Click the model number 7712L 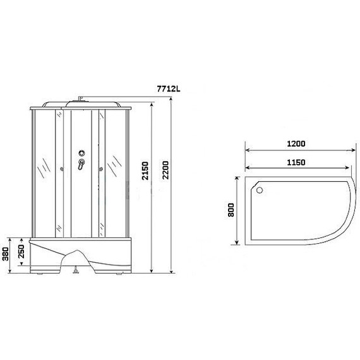(x=169, y=88)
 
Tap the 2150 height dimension (x=145, y=171)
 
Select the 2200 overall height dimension (x=165, y=170)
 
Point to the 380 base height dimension (x=6, y=254)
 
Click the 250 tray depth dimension (x=21, y=251)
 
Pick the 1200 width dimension (x=296, y=144)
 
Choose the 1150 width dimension (x=296, y=162)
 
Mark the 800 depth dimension (x=231, y=210)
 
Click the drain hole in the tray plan (x=260, y=190)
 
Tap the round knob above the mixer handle (x=81, y=153)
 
